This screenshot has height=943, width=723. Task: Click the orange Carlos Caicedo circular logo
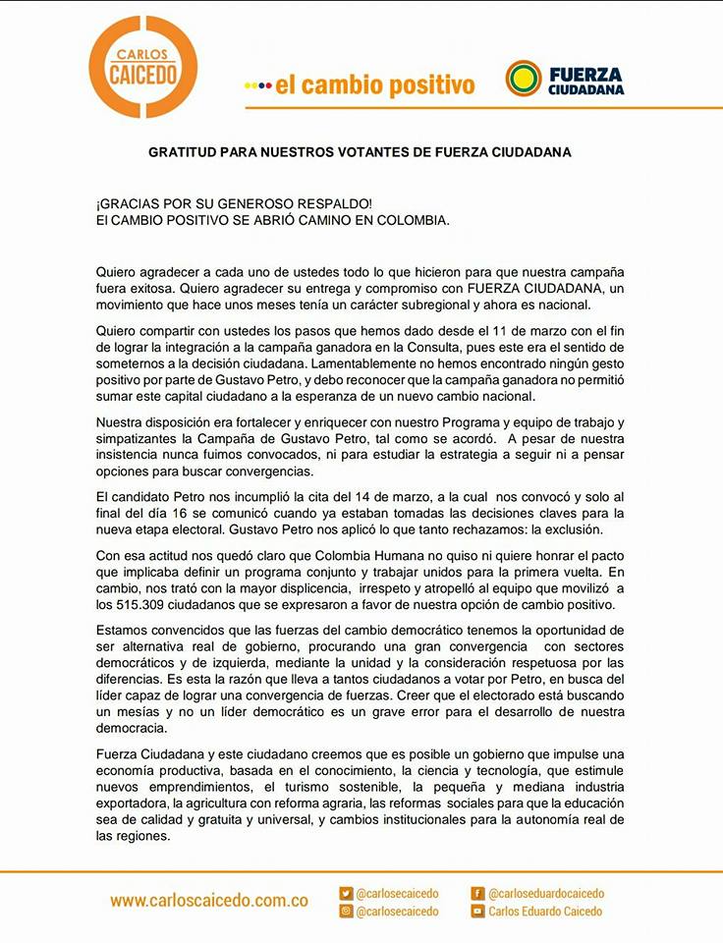[142, 67]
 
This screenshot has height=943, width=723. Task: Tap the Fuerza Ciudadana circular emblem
[523, 79]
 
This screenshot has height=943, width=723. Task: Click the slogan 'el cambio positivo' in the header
[374, 85]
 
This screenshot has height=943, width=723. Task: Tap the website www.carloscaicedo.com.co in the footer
[209, 900]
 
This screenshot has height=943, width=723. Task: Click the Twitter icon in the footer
[346, 894]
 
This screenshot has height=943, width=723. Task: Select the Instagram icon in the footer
[346, 912]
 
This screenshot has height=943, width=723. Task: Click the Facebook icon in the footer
[478, 894]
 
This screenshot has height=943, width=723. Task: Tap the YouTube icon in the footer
[478, 912]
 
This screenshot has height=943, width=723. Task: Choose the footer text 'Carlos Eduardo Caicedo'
[546, 912]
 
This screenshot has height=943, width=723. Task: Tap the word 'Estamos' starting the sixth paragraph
[123, 630]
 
